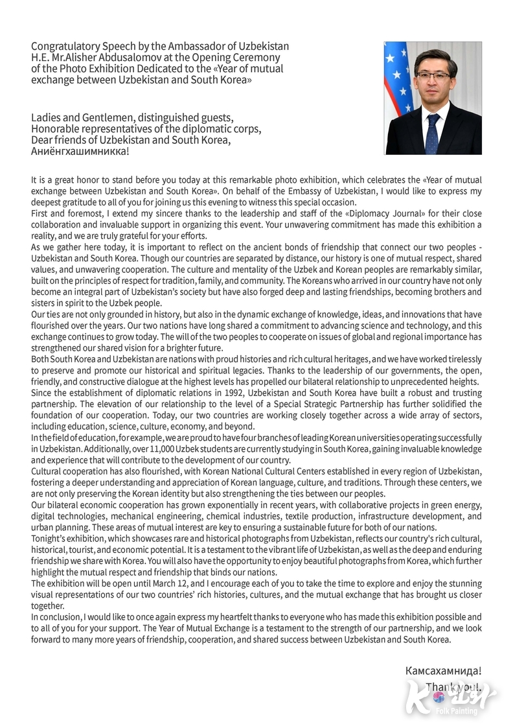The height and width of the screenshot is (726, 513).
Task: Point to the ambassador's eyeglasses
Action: point(433,76)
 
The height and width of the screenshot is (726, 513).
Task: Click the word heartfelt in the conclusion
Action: point(214,617)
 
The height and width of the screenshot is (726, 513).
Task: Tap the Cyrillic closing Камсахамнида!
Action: point(443,672)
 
